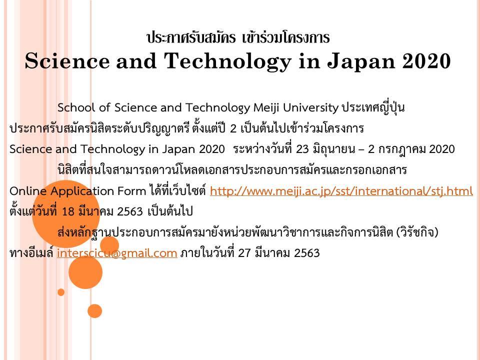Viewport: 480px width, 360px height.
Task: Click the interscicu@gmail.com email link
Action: [x=117, y=253]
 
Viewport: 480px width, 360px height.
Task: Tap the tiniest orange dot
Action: [x=61, y=292]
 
